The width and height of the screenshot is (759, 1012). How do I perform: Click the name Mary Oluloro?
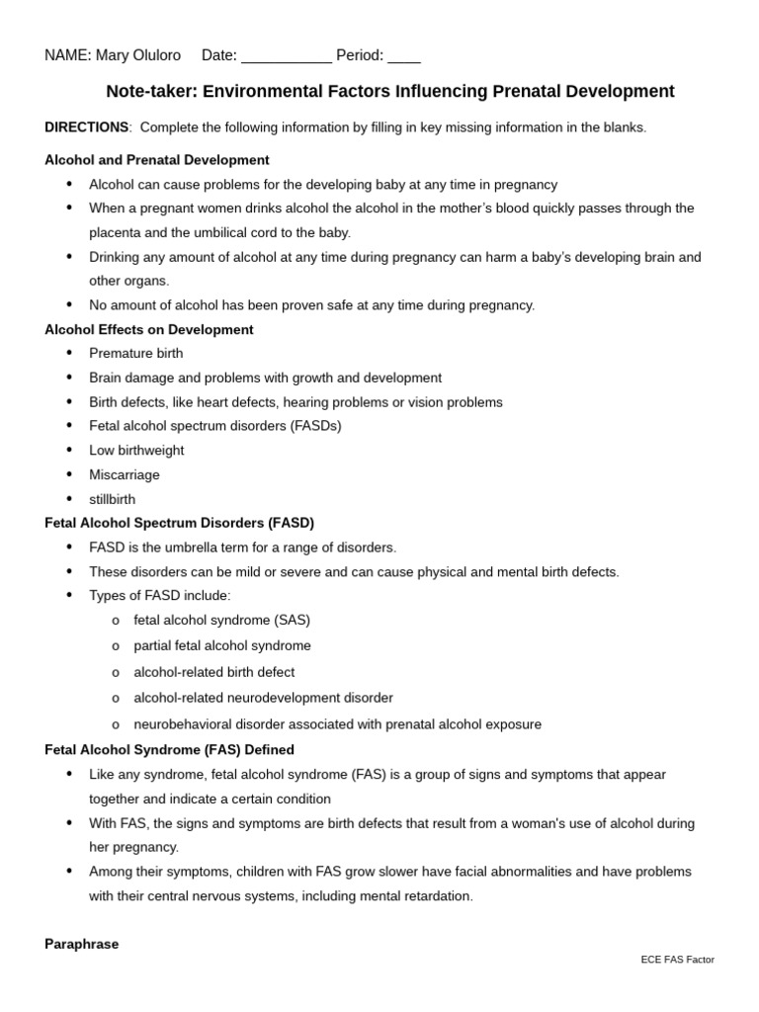[137, 55]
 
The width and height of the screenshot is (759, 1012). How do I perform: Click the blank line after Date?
[286, 57]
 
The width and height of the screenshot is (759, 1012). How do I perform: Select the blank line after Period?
[403, 57]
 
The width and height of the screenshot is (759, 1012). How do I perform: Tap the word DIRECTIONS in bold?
[86, 127]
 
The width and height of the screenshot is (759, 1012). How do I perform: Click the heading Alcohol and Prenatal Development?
[156, 160]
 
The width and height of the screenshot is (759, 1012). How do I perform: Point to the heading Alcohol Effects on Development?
[148, 330]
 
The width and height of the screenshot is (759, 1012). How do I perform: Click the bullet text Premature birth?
[135, 354]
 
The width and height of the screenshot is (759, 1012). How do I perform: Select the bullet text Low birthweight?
[136, 451]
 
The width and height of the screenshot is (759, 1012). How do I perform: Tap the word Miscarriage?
[125, 475]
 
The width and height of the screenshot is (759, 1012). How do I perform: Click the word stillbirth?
[113, 500]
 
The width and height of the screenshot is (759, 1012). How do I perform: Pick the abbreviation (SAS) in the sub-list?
[293, 621]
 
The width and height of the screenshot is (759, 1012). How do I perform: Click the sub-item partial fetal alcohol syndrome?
[222, 646]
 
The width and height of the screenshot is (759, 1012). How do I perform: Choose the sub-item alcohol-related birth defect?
[214, 672]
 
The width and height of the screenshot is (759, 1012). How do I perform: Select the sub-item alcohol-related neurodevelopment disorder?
[263, 698]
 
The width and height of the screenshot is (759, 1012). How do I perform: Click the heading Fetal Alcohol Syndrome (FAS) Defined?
[169, 750]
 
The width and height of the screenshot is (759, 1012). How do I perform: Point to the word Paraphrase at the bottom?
[81, 944]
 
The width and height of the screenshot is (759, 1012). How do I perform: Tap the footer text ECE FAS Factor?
[677, 960]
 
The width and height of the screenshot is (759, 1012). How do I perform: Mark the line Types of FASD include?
[160, 596]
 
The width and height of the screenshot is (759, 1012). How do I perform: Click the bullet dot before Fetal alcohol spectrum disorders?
[69, 426]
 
